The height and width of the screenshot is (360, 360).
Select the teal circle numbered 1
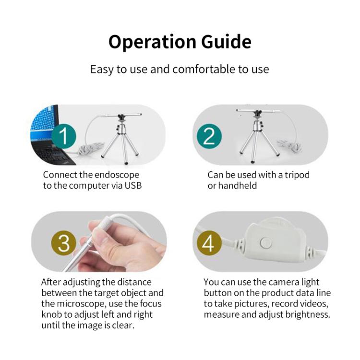(64, 136)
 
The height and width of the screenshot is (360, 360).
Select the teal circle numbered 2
(208, 136)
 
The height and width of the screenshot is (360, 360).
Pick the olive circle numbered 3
(64, 244)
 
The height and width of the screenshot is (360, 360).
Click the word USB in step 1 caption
(132, 186)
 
